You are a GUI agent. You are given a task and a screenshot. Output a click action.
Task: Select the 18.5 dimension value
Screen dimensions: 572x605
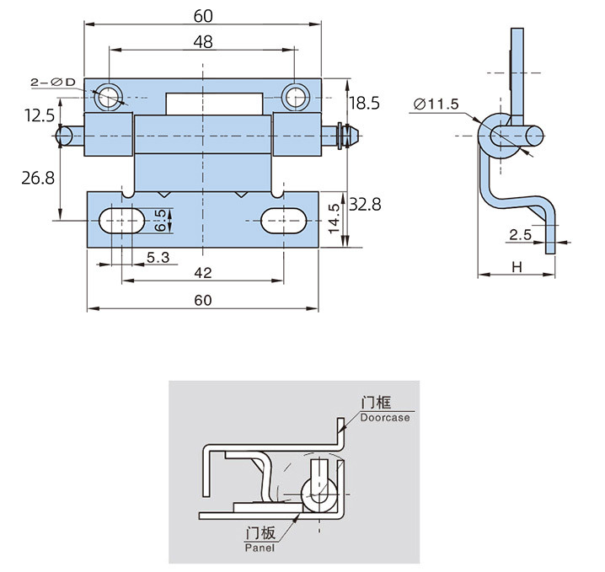pos(364,103)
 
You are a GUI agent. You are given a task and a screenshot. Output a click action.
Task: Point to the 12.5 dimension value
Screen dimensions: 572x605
pos(40,115)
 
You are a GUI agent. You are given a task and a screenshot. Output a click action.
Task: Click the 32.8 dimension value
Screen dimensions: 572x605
pos(365,204)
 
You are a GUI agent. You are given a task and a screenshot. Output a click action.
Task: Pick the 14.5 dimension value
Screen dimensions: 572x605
pos(335,218)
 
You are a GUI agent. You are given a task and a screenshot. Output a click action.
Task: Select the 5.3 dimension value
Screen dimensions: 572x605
pos(158,258)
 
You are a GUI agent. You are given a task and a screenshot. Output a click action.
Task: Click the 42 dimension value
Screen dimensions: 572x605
pos(202,273)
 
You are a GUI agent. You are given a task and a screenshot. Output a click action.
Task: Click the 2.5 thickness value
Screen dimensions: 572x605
pos(520,235)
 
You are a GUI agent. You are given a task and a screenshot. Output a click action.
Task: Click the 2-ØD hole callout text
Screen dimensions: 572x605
pos(52,82)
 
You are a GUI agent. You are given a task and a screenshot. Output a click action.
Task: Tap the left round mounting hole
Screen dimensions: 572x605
pos(109,98)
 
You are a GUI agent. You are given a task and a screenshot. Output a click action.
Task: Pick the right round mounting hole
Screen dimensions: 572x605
pos(295,98)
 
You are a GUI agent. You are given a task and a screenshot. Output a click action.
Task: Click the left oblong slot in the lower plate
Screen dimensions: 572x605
pos(121,221)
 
